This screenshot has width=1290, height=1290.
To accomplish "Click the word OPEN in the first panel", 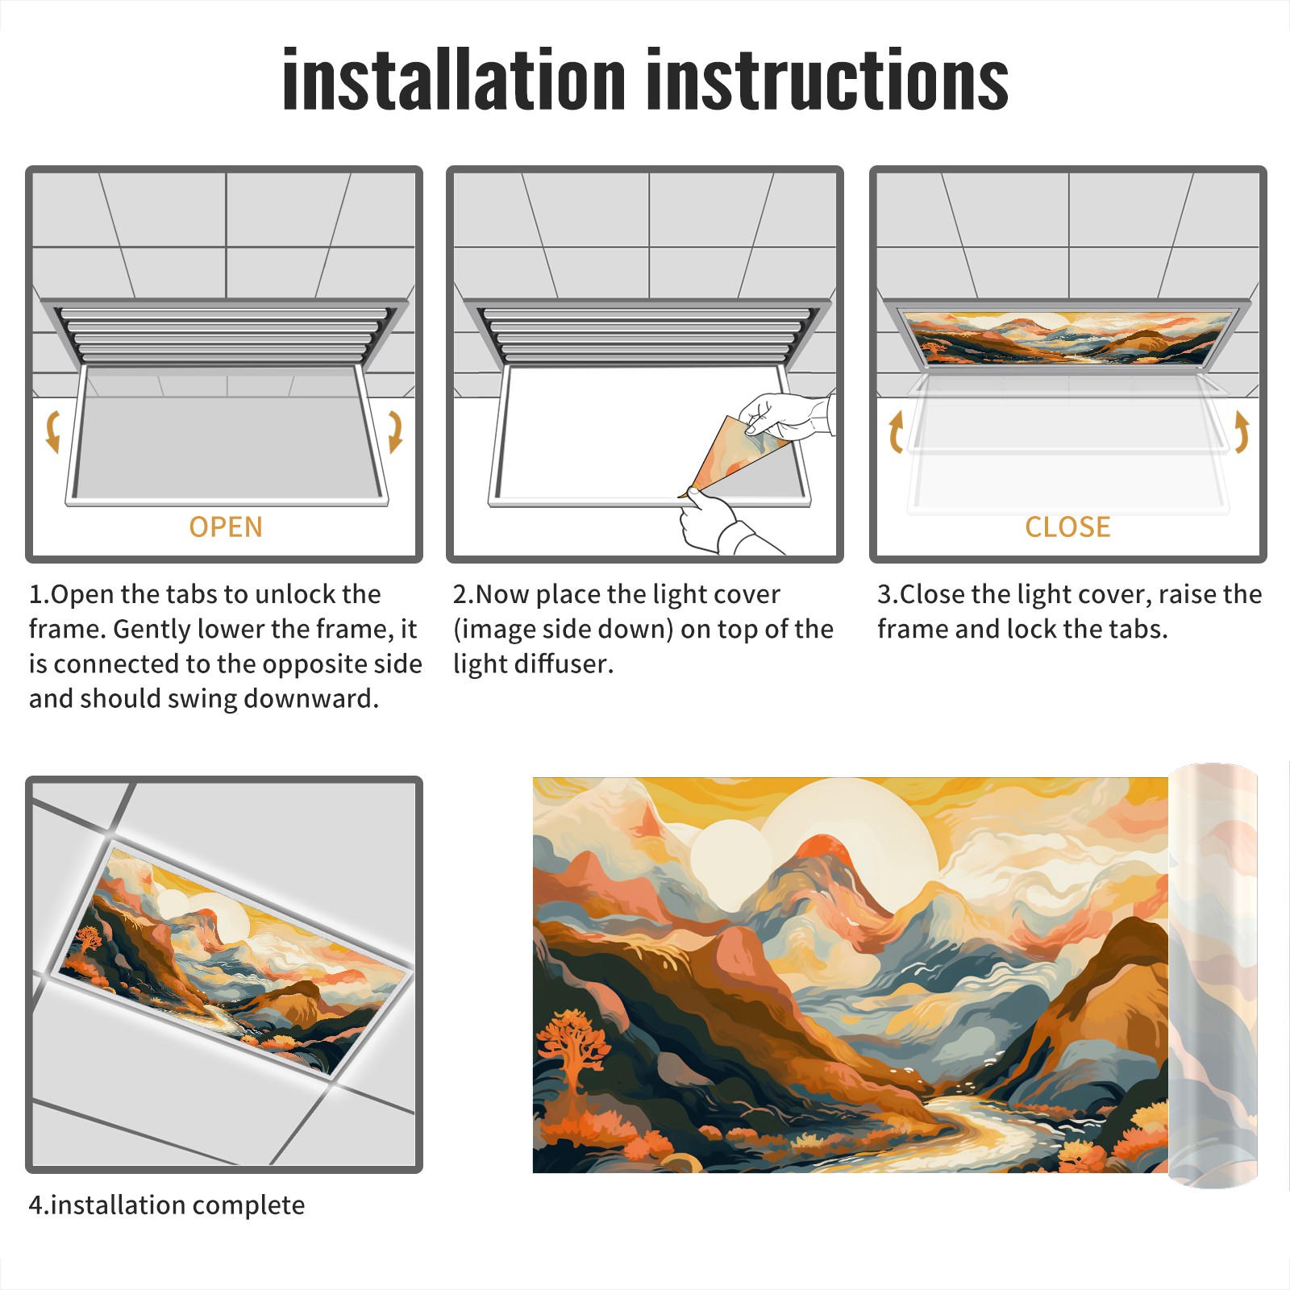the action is [x=226, y=527].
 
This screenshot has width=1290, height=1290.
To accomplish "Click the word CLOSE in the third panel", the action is [x=1067, y=527].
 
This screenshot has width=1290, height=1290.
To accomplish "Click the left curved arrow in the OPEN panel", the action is [x=53, y=431].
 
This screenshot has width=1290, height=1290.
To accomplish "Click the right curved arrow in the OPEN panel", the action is [x=395, y=431].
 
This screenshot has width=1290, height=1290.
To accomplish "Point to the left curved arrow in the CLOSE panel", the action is [x=896, y=431].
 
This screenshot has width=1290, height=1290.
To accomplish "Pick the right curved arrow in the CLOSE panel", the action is [x=1242, y=431].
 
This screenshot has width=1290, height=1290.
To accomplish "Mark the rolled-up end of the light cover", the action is [x=1213, y=976].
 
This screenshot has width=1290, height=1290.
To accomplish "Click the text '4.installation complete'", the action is [x=167, y=1205].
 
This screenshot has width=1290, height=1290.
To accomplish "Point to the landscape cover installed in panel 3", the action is [x=1067, y=337].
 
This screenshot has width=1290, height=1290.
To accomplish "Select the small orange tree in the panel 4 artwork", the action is [x=88, y=939].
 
